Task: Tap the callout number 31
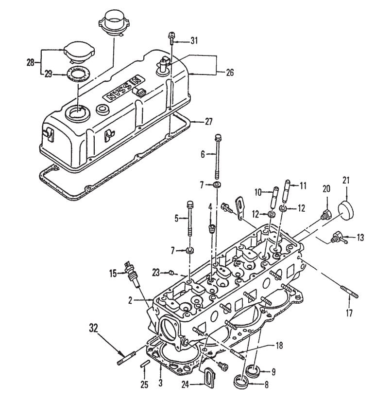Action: point(194,40)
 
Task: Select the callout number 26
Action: point(229,73)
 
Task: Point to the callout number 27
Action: point(209,120)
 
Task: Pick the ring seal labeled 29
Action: point(77,74)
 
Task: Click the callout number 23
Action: point(155,272)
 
